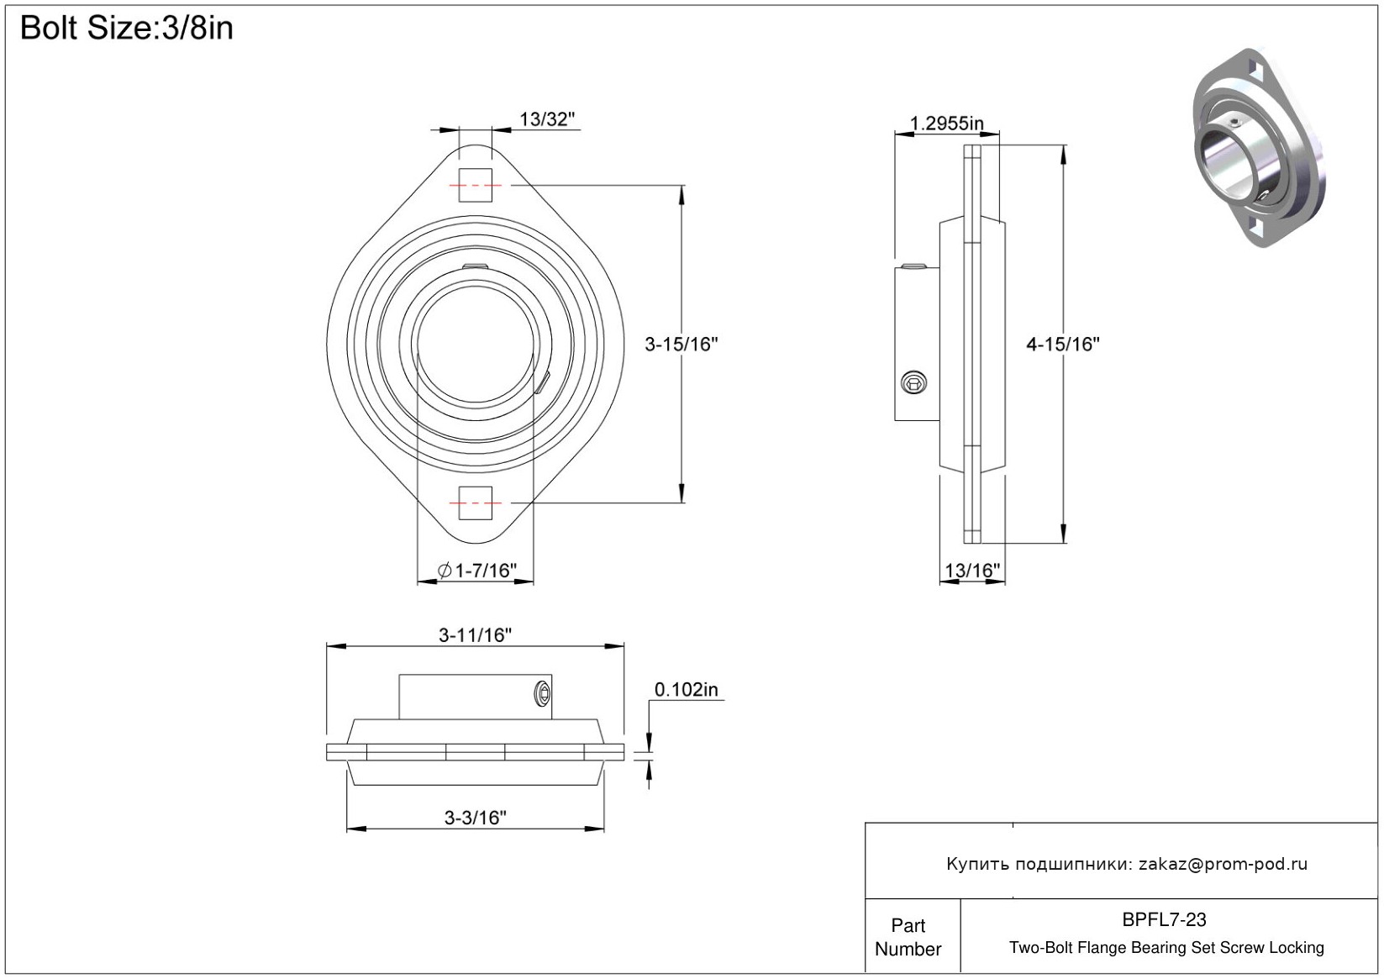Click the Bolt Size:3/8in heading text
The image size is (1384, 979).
tap(126, 29)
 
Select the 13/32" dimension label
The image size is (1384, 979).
tap(547, 119)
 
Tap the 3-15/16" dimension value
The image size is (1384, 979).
tap(681, 344)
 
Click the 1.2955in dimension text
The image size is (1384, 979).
tap(946, 124)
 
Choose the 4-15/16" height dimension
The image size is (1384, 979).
tap(1062, 344)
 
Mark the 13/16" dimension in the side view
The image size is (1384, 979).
tap(972, 571)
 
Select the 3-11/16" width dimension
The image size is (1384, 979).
tap(475, 635)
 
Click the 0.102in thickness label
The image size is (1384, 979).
tap(686, 690)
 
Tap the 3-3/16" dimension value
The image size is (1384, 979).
tap(475, 818)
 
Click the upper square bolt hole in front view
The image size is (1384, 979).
tap(475, 185)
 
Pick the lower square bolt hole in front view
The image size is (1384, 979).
tap(475, 503)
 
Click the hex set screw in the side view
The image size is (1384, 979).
tap(914, 382)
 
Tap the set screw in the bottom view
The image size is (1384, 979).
tap(543, 693)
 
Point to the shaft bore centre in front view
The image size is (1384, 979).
tap(475, 345)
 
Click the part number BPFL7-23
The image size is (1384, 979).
tap(1164, 920)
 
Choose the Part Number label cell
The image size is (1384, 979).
tap(908, 937)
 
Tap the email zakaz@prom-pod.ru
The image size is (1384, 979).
tap(1223, 864)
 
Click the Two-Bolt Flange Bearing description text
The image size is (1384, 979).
tap(1166, 948)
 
